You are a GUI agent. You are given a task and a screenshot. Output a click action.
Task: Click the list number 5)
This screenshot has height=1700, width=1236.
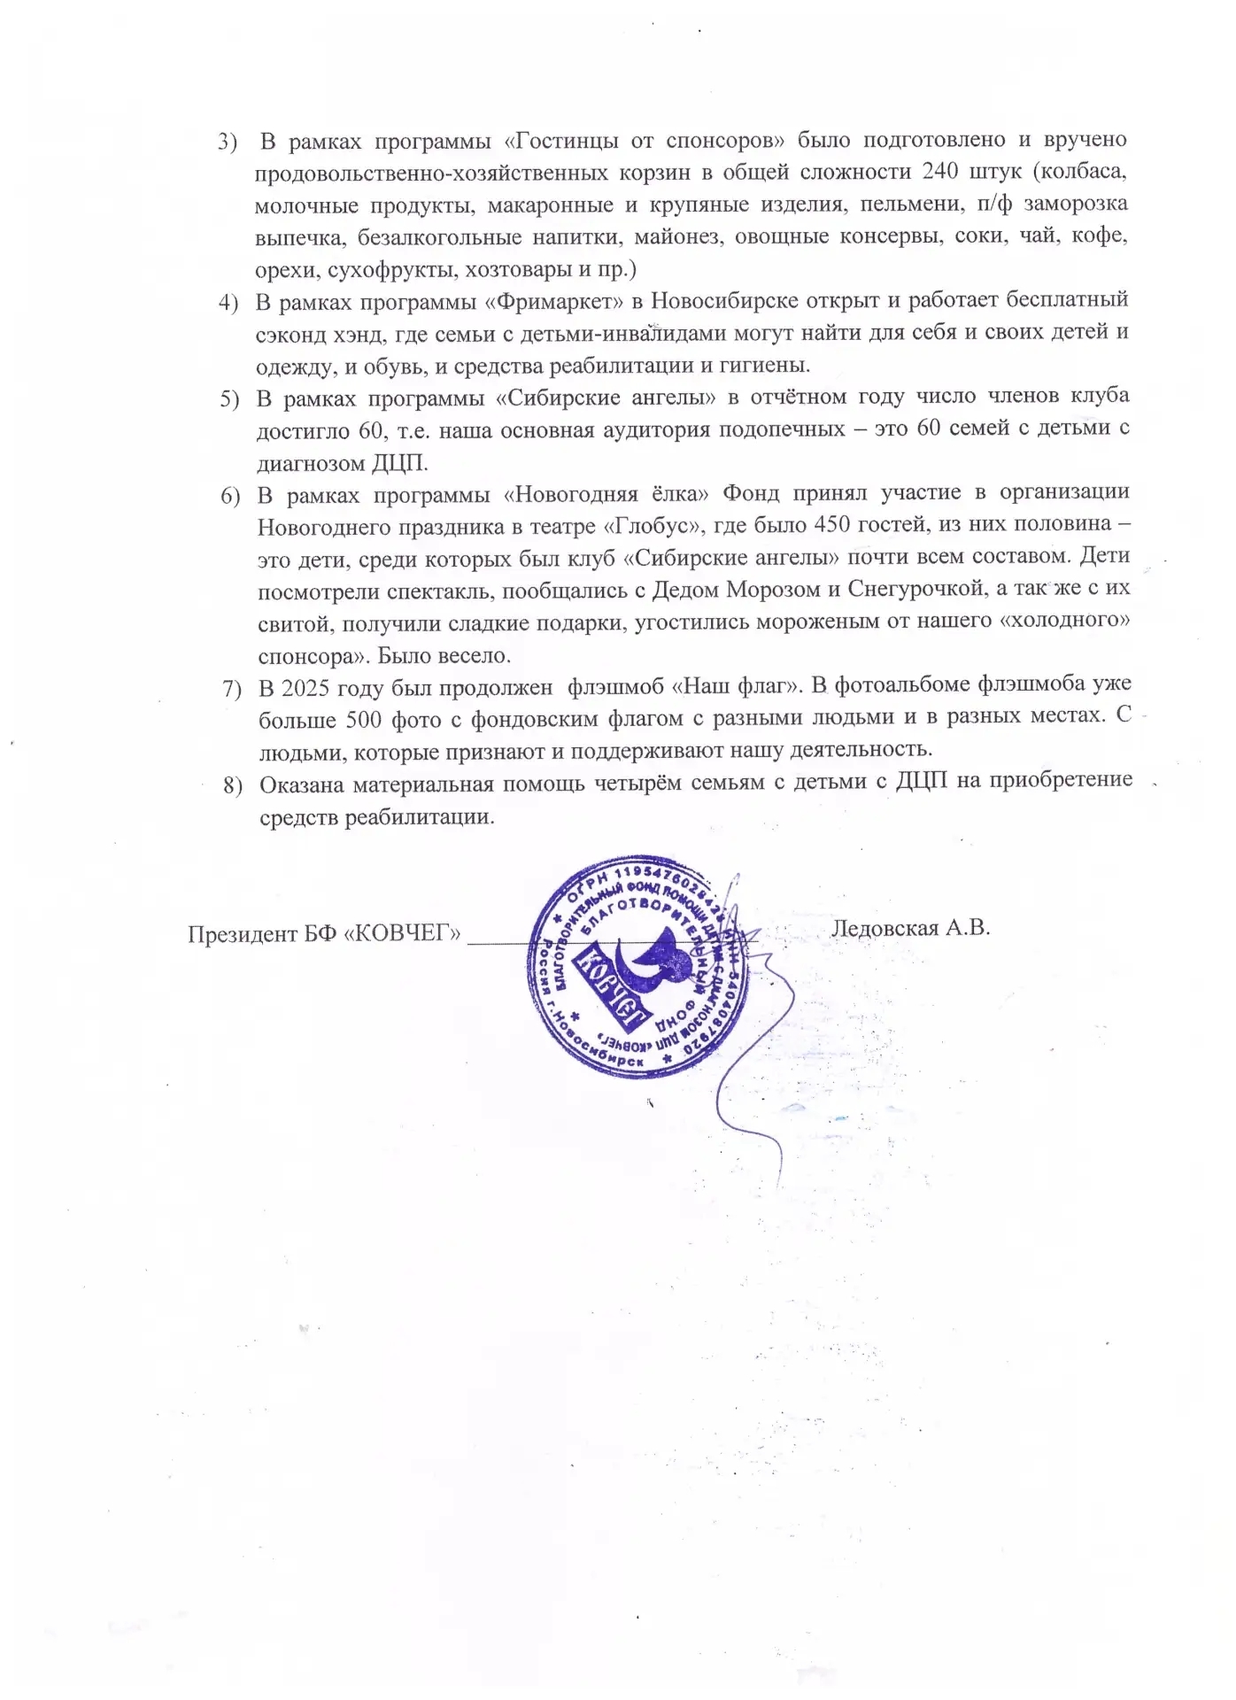pos(230,398)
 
